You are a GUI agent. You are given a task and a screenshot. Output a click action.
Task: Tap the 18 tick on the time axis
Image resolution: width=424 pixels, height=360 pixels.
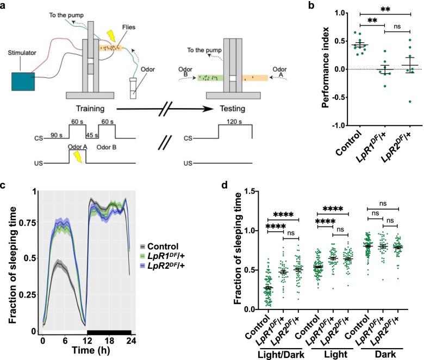click(x=109, y=341)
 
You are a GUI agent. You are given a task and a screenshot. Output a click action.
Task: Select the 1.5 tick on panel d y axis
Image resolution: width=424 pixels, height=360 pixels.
click(x=251, y=191)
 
